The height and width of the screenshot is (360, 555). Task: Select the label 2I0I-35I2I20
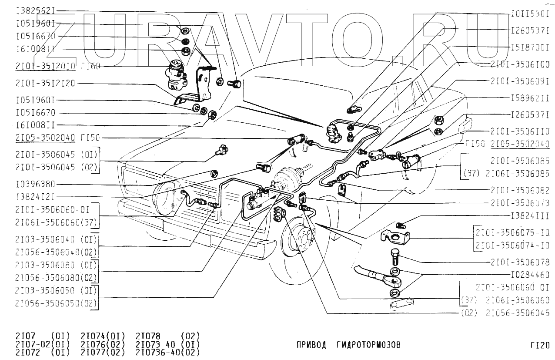(45, 83)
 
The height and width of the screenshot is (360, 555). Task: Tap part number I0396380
(35, 184)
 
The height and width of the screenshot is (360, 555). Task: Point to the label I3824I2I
(35, 197)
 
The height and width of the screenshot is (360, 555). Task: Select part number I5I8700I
(530, 47)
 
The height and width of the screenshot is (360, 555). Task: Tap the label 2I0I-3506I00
(520, 64)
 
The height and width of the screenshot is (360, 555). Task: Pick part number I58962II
(530, 98)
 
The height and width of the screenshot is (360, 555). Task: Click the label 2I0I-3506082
(520, 190)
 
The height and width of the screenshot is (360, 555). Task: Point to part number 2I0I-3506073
(520, 203)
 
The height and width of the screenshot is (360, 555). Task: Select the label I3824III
(530, 216)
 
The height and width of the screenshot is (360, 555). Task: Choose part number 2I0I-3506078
(520, 262)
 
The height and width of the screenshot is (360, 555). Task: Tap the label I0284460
(530, 275)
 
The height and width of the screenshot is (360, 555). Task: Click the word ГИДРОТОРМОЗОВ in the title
(368, 345)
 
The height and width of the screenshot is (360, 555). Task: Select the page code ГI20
(540, 346)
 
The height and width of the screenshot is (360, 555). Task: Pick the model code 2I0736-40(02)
(168, 353)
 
